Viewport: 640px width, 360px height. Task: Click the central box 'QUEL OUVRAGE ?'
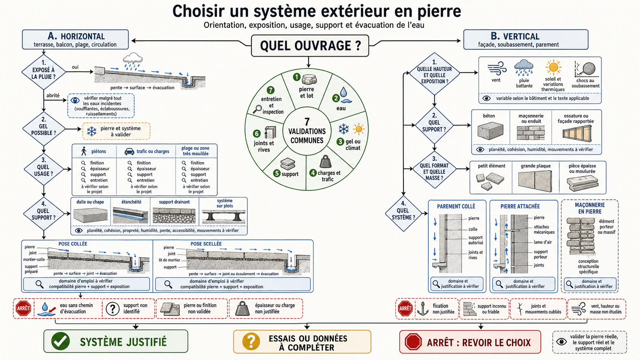(310, 46)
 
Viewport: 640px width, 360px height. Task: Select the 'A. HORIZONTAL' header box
(75, 39)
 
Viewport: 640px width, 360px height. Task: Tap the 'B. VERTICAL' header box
(526, 39)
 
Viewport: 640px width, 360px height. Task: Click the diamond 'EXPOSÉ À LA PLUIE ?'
(43, 72)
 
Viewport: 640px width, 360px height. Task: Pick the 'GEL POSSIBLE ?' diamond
(43, 129)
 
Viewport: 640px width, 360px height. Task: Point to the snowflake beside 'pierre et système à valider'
(92, 131)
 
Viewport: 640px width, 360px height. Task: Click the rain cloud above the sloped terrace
(132, 61)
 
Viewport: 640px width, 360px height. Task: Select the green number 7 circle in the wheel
(270, 90)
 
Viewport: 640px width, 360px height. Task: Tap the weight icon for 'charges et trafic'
(325, 161)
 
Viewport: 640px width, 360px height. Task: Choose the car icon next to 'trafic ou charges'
(129, 151)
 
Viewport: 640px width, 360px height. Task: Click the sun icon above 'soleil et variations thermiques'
(553, 67)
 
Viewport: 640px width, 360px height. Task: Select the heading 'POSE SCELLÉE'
(206, 244)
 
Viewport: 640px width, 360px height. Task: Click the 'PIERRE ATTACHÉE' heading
(520, 206)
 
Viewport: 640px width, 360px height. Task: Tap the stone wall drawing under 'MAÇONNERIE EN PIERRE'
(581, 236)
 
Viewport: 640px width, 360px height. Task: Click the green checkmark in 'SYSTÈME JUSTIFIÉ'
(60, 341)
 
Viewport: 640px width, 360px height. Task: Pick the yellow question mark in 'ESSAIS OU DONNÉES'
(251, 342)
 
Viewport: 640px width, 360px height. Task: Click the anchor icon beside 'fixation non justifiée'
(423, 309)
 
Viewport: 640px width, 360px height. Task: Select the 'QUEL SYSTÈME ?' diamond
(403, 213)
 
